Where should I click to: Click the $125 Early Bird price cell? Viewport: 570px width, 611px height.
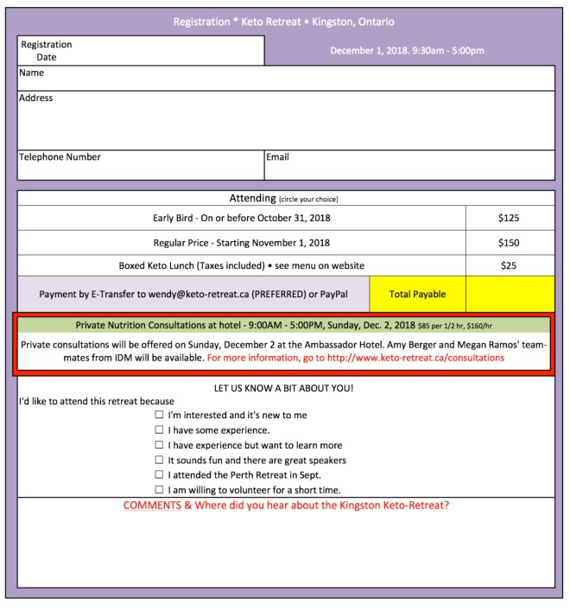[x=509, y=219]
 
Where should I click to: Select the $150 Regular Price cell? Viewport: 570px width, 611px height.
[x=509, y=243]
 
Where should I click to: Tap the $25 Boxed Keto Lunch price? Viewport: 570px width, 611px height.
[x=509, y=266]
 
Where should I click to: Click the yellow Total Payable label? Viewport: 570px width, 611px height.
[x=417, y=295]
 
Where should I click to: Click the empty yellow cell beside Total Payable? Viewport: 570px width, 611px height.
[x=510, y=295]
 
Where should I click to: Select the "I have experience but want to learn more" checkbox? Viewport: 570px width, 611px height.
[x=159, y=445]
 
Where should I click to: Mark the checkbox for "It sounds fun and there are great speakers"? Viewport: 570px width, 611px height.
[x=159, y=460]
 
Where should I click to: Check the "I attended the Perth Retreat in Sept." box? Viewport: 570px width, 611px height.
[x=159, y=474]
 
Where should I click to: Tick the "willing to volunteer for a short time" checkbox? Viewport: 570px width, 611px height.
[x=159, y=490]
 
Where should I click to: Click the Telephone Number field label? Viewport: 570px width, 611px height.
[x=60, y=157]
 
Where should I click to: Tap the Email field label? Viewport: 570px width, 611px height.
[x=277, y=157]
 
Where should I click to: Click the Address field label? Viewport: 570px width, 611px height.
[x=36, y=99]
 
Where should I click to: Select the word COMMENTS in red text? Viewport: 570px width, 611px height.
[x=152, y=506]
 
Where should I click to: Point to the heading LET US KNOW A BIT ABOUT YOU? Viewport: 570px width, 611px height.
[x=284, y=388]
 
